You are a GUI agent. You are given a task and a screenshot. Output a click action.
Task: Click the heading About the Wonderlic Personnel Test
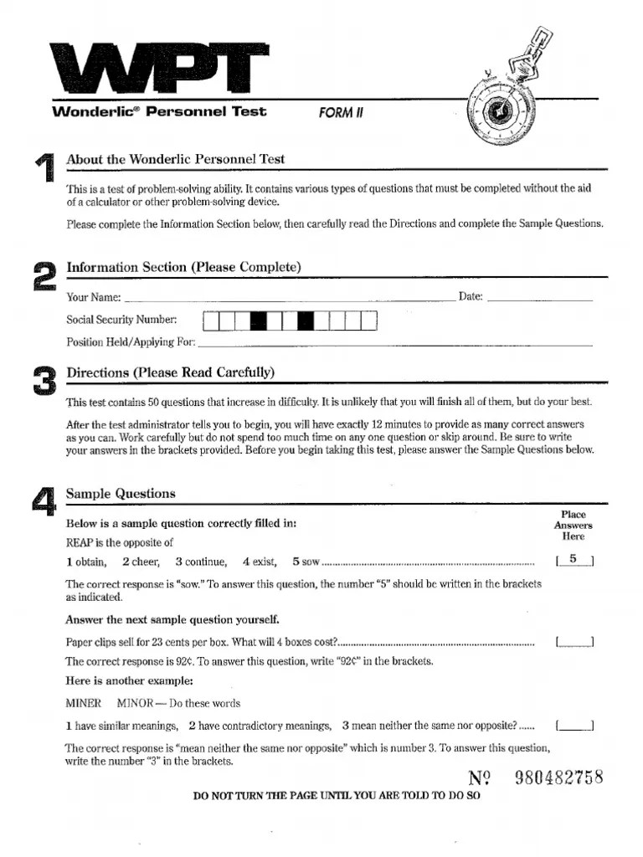175,159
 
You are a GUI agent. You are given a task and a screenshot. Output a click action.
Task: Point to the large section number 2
44,276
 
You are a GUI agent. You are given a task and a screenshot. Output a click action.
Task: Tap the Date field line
539,299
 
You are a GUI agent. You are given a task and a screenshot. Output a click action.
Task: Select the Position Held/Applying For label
131,341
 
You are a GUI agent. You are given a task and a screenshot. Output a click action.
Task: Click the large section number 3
44,382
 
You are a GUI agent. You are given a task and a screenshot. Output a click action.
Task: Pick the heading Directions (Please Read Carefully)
170,372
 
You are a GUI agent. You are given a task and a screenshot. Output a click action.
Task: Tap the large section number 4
44,501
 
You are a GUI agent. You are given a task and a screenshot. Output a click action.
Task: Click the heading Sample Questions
121,494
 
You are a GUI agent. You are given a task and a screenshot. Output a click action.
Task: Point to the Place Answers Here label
574,526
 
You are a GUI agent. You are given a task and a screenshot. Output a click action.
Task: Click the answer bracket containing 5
574,560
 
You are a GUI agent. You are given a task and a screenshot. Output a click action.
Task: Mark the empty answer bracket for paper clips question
574,642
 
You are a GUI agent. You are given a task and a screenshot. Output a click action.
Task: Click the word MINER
83,703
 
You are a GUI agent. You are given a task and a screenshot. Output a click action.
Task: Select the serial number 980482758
558,777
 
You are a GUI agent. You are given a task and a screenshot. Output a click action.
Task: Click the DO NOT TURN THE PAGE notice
337,797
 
